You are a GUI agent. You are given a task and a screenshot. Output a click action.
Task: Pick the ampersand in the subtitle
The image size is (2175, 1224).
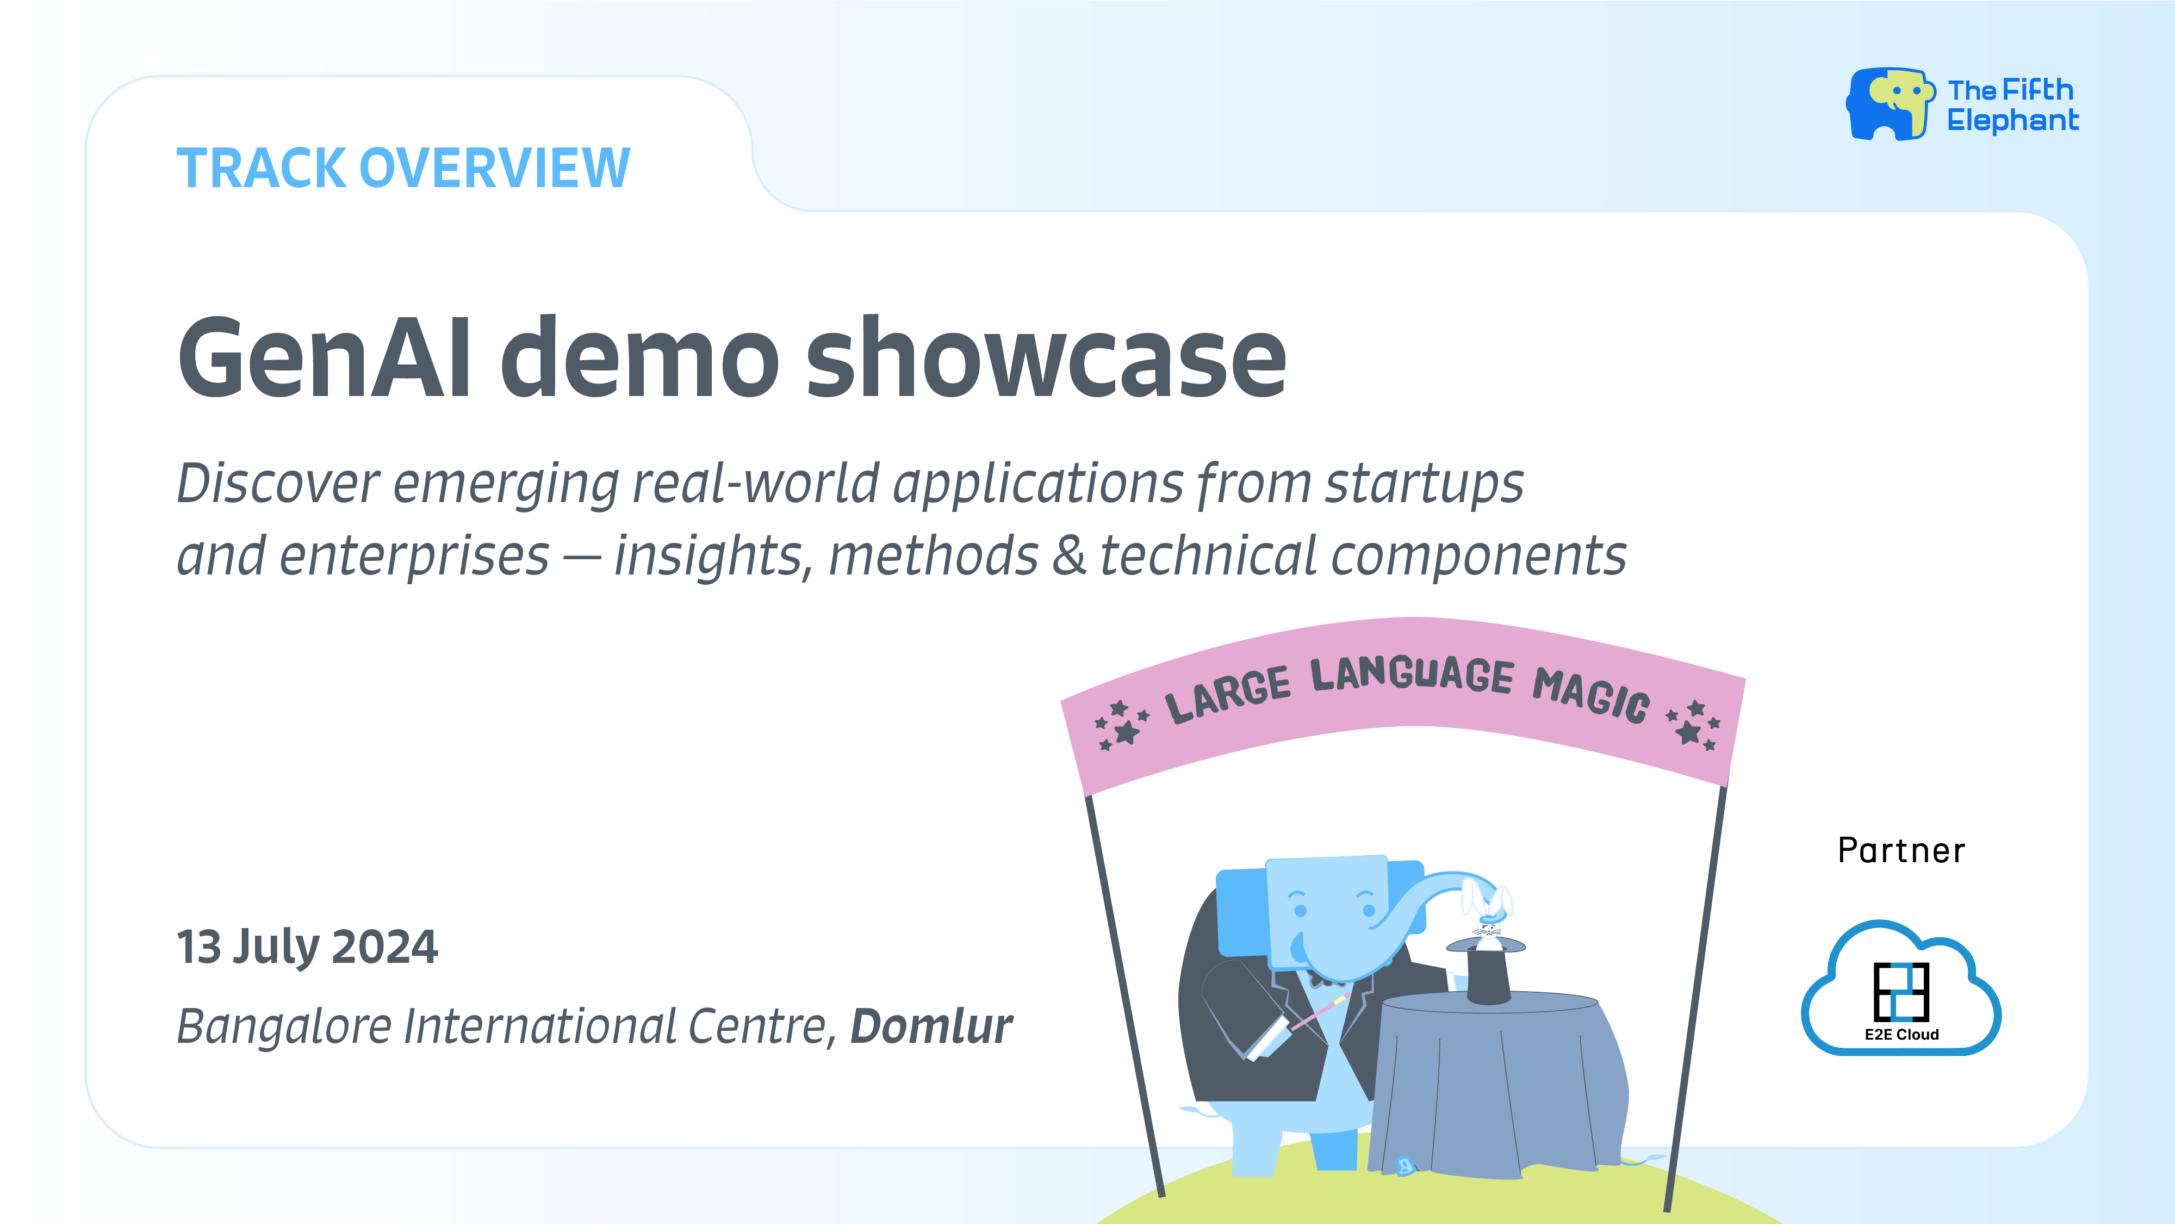(1069, 556)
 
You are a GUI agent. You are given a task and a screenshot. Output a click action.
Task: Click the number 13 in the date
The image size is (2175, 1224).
(198, 947)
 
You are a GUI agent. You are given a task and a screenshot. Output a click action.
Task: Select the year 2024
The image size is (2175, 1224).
(385, 947)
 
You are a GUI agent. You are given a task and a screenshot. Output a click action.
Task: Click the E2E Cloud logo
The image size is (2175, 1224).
(1900, 990)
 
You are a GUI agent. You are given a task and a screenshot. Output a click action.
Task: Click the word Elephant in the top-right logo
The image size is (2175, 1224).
(2013, 121)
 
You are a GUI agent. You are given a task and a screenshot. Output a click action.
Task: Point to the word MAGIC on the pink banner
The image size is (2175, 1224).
(1590, 694)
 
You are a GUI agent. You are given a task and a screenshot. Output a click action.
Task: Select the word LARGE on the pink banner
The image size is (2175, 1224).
(1228, 694)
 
